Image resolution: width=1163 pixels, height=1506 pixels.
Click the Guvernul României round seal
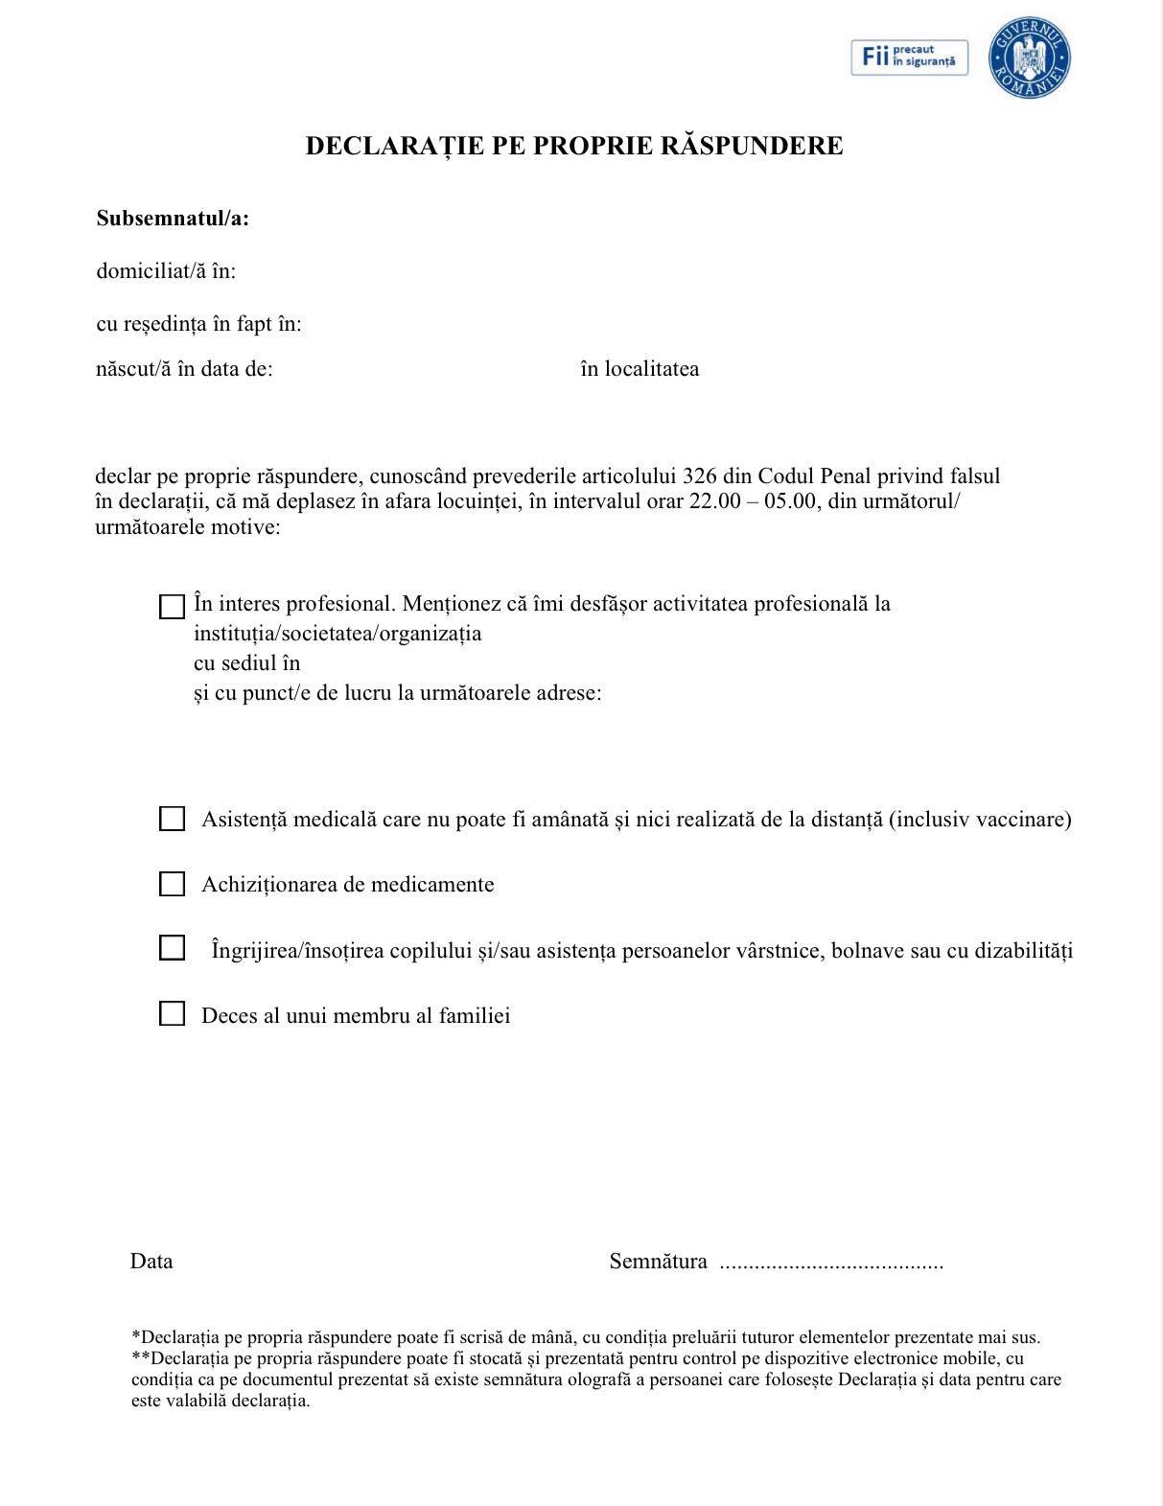click(x=1029, y=58)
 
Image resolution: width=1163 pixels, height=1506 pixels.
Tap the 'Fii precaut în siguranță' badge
click(x=909, y=58)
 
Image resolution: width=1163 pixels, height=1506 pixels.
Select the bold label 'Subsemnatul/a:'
click(x=173, y=219)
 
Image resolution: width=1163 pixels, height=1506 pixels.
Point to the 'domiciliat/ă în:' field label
click(x=166, y=271)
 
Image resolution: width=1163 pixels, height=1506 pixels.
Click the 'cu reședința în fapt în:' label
click(x=198, y=324)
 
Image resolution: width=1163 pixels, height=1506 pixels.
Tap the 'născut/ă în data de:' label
click(x=184, y=369)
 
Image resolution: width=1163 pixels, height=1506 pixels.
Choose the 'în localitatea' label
click(x=640, y=369)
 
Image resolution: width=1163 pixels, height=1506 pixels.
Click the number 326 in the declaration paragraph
click(x=701, y=476)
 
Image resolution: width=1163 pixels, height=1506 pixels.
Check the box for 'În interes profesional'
click(x=172, y=607)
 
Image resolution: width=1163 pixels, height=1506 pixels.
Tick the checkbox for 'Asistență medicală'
click(x=172, y=819)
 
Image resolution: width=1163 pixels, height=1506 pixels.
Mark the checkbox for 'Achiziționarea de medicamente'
click(x=172, y=884)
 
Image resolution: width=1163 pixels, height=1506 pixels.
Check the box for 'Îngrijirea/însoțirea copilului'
click(x=172, y=948)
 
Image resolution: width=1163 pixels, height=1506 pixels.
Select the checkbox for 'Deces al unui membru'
click(x=172, y=1014)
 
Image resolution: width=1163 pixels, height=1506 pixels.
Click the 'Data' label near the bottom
click(x=151, y=1262)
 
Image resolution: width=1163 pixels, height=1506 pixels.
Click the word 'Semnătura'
click(x=658, y=1262)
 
